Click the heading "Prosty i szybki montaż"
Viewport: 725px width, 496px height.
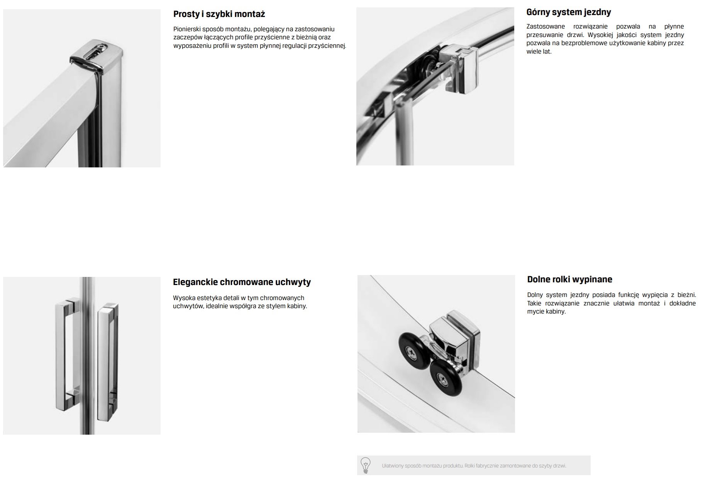(x=219, y=14)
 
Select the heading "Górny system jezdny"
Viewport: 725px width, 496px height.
(x=569, y=12)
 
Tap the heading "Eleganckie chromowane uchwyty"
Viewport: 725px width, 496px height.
(x=242, y=282)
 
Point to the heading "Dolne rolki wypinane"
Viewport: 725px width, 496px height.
(x=569, y=279)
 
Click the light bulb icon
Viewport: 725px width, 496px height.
(x=365, y=465)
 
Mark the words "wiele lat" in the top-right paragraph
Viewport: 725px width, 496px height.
(x=539, y=52)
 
